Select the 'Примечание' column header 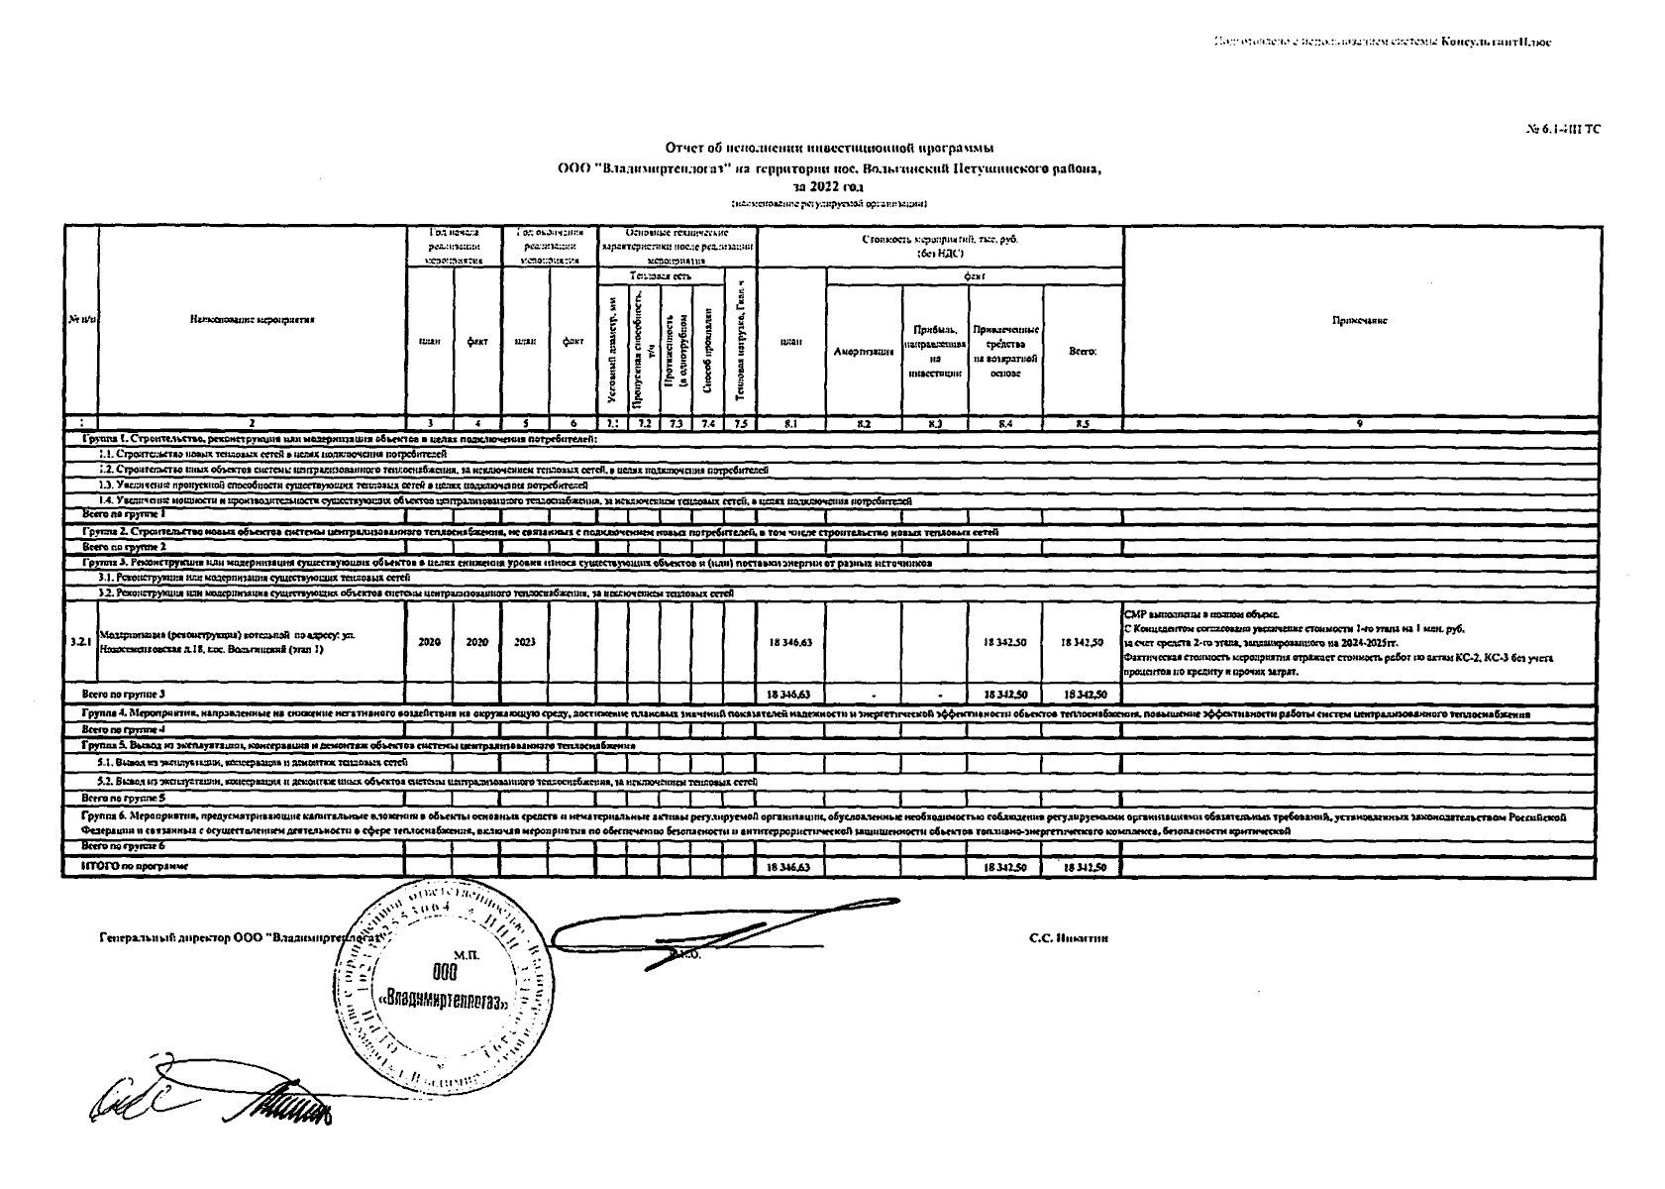[1359, 321]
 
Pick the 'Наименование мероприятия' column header [251, 321]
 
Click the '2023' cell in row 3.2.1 [525, 641]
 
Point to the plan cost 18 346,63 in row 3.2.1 [790, 642]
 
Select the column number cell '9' [1359, 424]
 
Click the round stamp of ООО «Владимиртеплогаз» [443, 983]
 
